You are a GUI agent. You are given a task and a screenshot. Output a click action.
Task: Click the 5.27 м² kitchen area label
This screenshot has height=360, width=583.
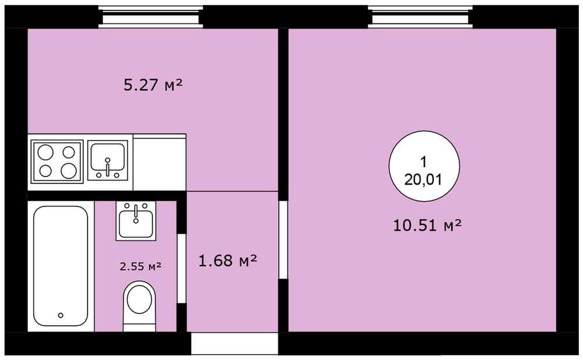click(153, 85)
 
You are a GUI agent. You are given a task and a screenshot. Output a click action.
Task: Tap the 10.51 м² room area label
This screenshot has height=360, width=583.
click(427, 225)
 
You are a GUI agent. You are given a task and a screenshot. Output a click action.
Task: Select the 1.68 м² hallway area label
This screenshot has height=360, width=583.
click(227, 260)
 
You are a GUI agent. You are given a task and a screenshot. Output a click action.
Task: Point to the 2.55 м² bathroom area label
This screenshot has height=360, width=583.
click(141, 266)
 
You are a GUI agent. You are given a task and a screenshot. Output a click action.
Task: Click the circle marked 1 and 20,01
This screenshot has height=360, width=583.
click(424, 166)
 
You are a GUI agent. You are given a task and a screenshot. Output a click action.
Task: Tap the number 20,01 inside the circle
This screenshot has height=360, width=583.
click(423, 180)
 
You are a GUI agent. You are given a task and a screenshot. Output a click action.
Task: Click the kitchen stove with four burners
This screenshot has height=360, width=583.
click(57, 161)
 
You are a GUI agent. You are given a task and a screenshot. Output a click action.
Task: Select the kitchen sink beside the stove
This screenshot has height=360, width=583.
click(107, 161)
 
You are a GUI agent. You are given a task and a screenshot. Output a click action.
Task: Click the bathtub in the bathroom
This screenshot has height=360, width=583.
click(61, 266)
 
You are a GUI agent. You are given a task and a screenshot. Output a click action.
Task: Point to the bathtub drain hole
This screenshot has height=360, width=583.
click(61, 315)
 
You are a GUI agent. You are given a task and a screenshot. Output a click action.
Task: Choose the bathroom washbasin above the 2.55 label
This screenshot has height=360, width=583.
click(136, 221)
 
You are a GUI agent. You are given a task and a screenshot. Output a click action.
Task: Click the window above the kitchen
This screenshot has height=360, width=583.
click(150, 17)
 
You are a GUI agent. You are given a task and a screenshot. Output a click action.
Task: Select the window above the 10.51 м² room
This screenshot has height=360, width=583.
click(420, 17)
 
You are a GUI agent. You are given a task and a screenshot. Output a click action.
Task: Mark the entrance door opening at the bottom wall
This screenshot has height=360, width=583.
click(234, 343)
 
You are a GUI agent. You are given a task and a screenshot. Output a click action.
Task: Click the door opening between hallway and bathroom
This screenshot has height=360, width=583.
click(181, 268)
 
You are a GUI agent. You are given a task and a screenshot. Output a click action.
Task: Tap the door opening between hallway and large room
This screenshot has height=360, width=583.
click(283, 239)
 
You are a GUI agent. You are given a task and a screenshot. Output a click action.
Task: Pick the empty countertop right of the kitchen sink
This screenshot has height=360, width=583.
click(160, 163)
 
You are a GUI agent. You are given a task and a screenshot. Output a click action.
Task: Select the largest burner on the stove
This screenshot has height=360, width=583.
click(69, 171)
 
